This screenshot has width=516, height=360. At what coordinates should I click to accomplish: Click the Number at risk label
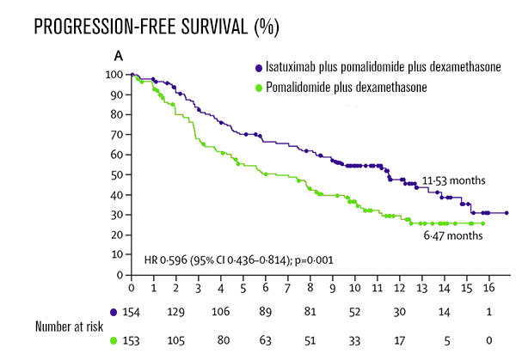pyautogui.click(x=70, y=326)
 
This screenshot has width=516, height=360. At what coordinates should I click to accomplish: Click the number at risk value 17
pyautogui.click(x=399, y=339)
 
